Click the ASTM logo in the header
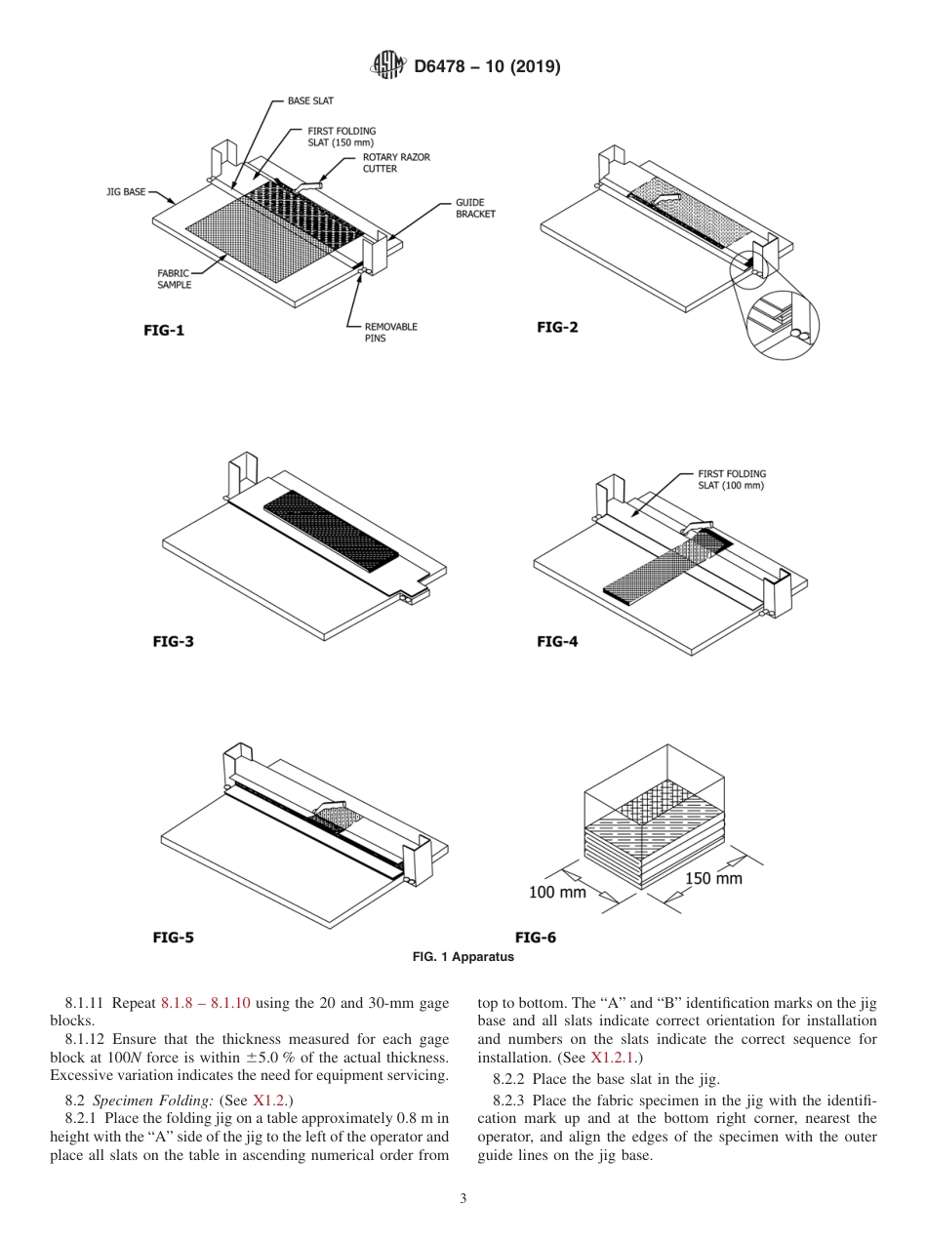tap(389, 66)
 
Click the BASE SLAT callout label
tap(310, 100)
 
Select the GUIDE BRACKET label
tap(475, 209)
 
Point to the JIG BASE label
tap(126, 192)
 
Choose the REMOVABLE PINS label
tap(390, 333)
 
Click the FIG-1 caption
tap(164, 330)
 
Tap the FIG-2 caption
tap(557, 327)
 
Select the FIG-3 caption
tap(174, 641)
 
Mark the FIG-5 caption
tap(174, 937)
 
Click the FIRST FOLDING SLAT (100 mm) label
tap(732, 480)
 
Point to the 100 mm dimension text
tap(557, 892)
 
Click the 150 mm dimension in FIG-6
tap(713, 878)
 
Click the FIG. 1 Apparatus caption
tap(463, 957)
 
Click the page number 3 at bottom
tap(463, 1199)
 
